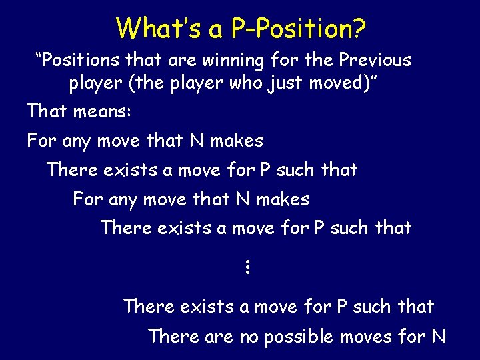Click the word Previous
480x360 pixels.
coord(375,61)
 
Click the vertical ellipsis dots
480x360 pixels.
coord(246,268)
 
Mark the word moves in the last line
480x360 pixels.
coord(367,337)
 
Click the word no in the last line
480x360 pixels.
coord(249,337)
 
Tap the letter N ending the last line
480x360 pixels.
coord(438,337)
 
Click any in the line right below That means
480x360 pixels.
coord(78,141)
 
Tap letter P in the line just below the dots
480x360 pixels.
coord(342,307)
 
